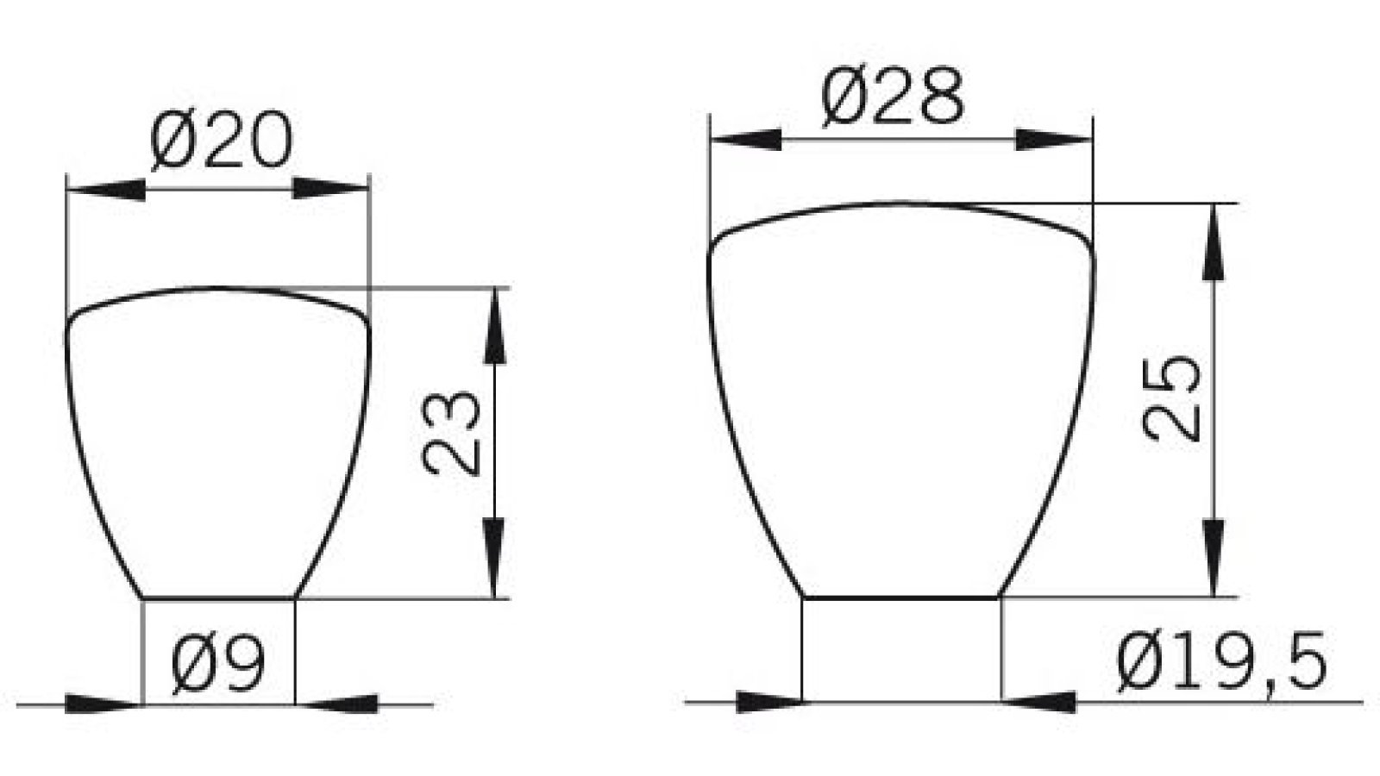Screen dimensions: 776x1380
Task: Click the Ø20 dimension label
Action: coord(221,142)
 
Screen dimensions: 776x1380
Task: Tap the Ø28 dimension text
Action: coord(892,97)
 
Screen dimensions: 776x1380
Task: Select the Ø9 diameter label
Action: coord(217,665)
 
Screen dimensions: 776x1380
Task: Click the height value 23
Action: coord(451,434)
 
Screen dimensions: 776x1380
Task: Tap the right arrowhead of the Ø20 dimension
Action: coord(331,189)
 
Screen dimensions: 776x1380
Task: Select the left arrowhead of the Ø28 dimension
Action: coord(745,140)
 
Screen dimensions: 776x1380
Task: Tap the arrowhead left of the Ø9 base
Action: coord(102,704)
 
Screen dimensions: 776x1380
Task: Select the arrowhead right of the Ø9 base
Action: coord(343,704)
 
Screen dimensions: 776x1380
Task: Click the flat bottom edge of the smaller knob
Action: coord(218,597)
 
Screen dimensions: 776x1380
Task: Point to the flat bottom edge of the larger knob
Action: coord(901,596)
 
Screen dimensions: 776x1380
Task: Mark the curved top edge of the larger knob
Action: coord(901,204)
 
